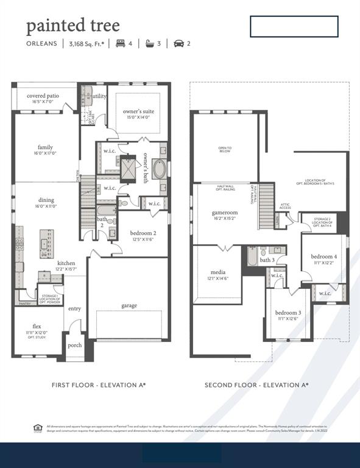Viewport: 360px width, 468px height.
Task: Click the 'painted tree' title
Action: [72, 26]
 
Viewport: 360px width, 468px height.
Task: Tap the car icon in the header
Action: [179, 43]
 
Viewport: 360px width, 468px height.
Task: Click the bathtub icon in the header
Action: [149, 43]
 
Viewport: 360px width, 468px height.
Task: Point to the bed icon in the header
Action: [120, 43]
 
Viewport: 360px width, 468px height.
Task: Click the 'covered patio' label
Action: [43, 96]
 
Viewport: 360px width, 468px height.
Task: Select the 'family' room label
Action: [46, 147]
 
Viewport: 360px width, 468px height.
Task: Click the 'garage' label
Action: [129, 305]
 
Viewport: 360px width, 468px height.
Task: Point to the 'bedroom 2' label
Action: [143, 233]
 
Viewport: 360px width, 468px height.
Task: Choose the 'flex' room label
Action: [37, 326]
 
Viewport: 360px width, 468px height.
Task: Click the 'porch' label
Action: [75, 345]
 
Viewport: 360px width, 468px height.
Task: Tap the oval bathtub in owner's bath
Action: [159, 169]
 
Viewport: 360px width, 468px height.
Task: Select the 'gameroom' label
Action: [225, 213]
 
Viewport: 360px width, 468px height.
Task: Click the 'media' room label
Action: [218, 272]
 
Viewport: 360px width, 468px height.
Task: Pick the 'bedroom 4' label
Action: [323, 256]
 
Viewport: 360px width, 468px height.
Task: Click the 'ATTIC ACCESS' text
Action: [285, 207]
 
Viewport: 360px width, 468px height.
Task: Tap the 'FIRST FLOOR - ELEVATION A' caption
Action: [99, 385]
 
